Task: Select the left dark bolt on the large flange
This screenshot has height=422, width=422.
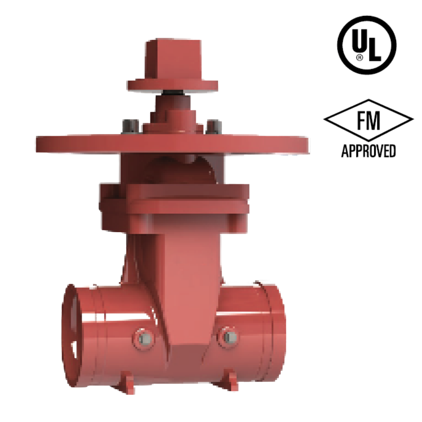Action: coord(130,126)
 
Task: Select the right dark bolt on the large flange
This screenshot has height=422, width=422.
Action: coord(214,126)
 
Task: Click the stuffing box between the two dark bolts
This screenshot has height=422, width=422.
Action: coord(173,120)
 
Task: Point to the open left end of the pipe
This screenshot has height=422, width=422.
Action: coord(70,333)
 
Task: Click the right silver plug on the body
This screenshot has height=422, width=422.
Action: coord(229,337)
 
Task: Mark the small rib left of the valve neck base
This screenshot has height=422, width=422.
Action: coord(125,272)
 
